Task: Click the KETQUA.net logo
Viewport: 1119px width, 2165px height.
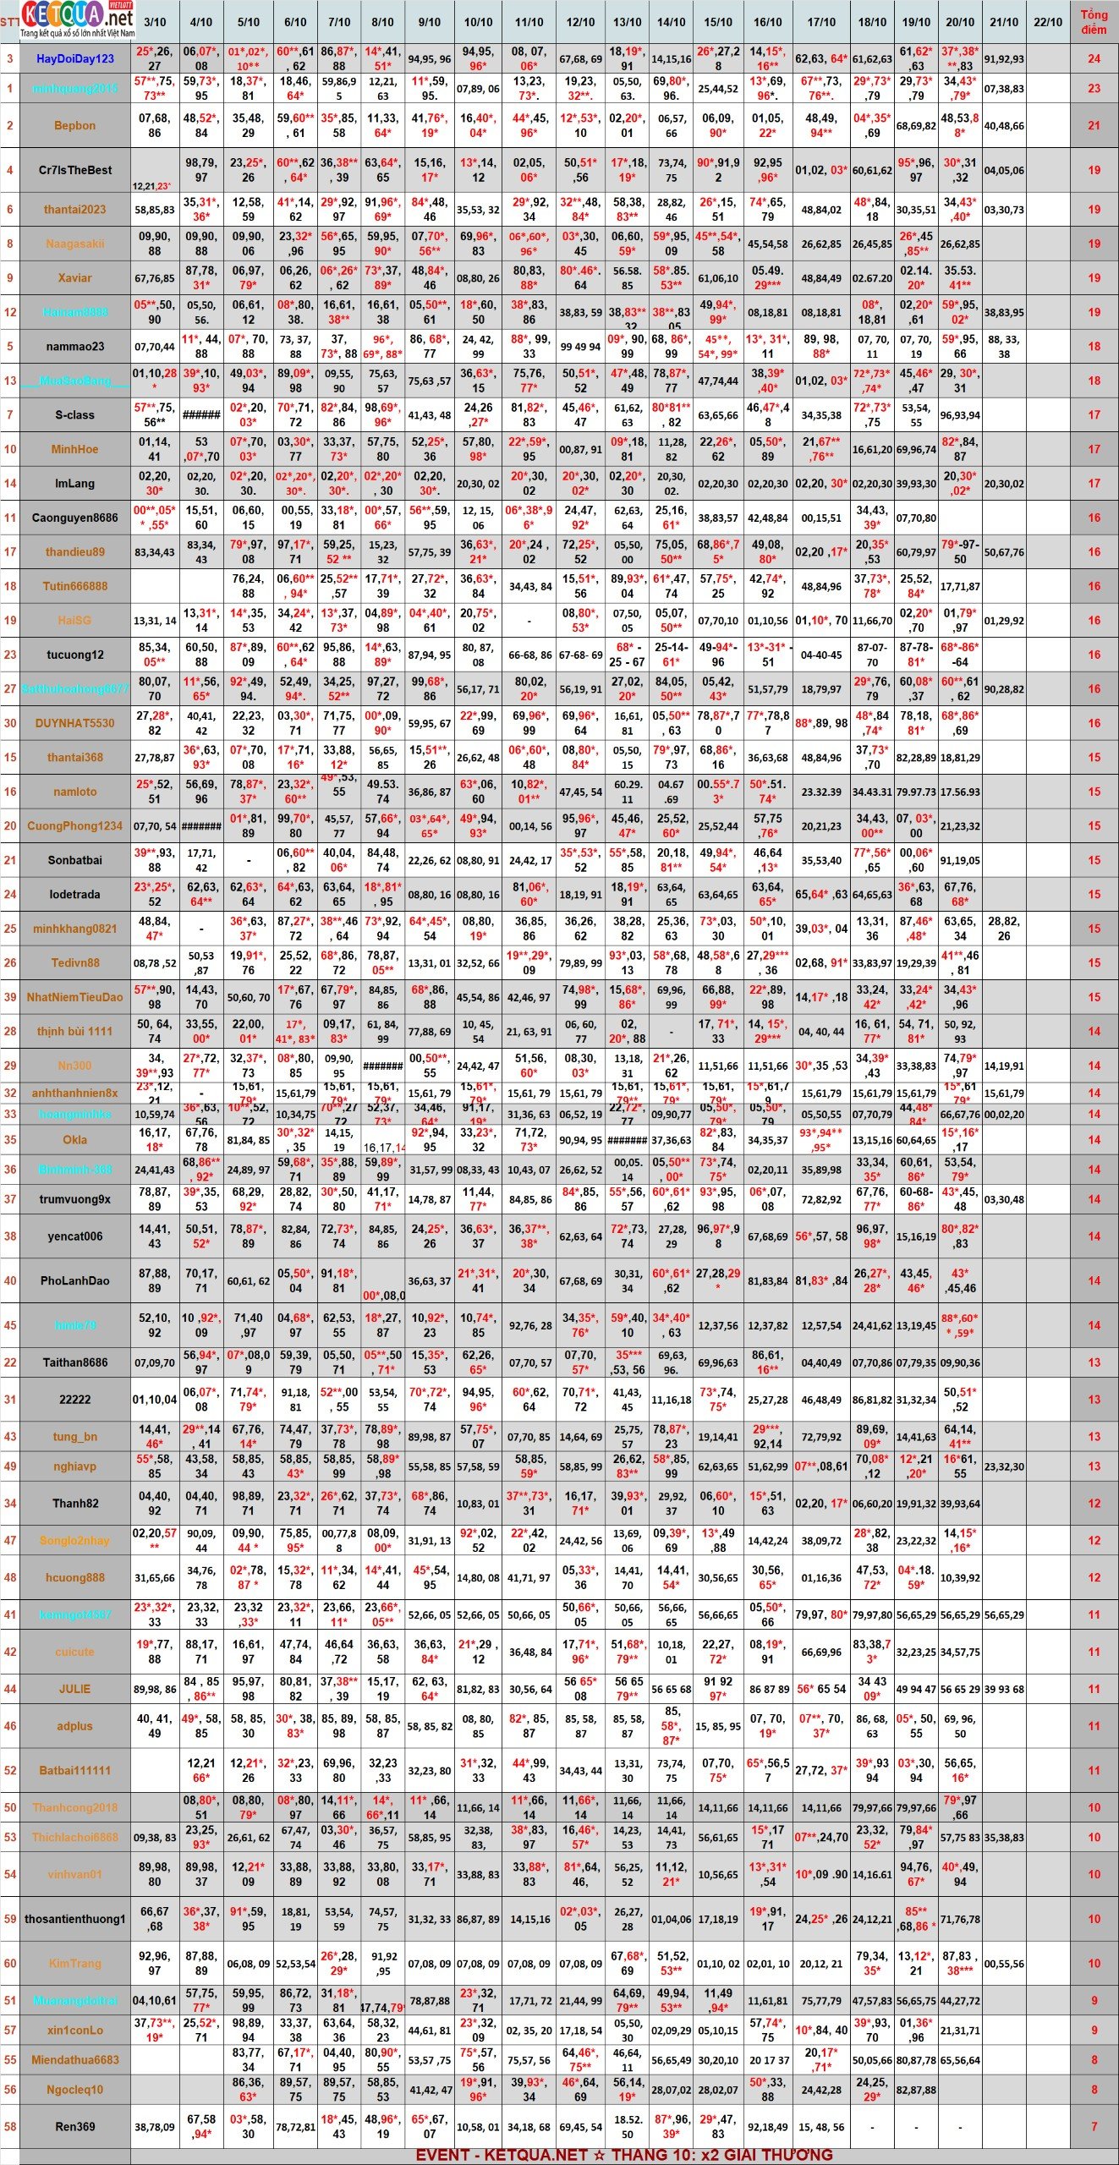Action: click(77, 19)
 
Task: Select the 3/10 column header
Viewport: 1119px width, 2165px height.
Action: click(155, 22)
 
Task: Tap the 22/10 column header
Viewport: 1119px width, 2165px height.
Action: click(1047, 22)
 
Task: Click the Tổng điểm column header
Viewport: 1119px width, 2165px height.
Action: click(1094, 22)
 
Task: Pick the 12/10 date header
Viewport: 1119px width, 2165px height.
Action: click(580, 22)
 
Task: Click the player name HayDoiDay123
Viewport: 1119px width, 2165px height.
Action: click(75, 58)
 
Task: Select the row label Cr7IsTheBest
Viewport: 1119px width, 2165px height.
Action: click(75, 170)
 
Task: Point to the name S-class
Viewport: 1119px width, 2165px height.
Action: click(75, 415)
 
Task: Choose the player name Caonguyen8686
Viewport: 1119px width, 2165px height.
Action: click(75, 518)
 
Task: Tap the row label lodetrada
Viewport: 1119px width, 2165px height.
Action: click(75, 894)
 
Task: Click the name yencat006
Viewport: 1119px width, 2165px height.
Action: click(75, 1236)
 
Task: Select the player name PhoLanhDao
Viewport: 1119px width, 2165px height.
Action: click(75, 1280)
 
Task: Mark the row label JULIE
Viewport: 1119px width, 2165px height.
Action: click(75, 1689)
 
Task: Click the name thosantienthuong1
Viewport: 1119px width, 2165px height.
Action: click(75, 1919)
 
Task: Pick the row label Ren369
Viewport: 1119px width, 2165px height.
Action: click(75, 2126)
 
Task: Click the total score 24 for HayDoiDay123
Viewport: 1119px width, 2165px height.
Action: click(1094, 58)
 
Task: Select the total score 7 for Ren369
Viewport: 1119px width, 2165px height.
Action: click(1094, 2126)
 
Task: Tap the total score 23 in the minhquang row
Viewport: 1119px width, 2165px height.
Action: click(1094, 89)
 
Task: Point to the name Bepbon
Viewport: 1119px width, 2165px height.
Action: click(75, 125)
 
